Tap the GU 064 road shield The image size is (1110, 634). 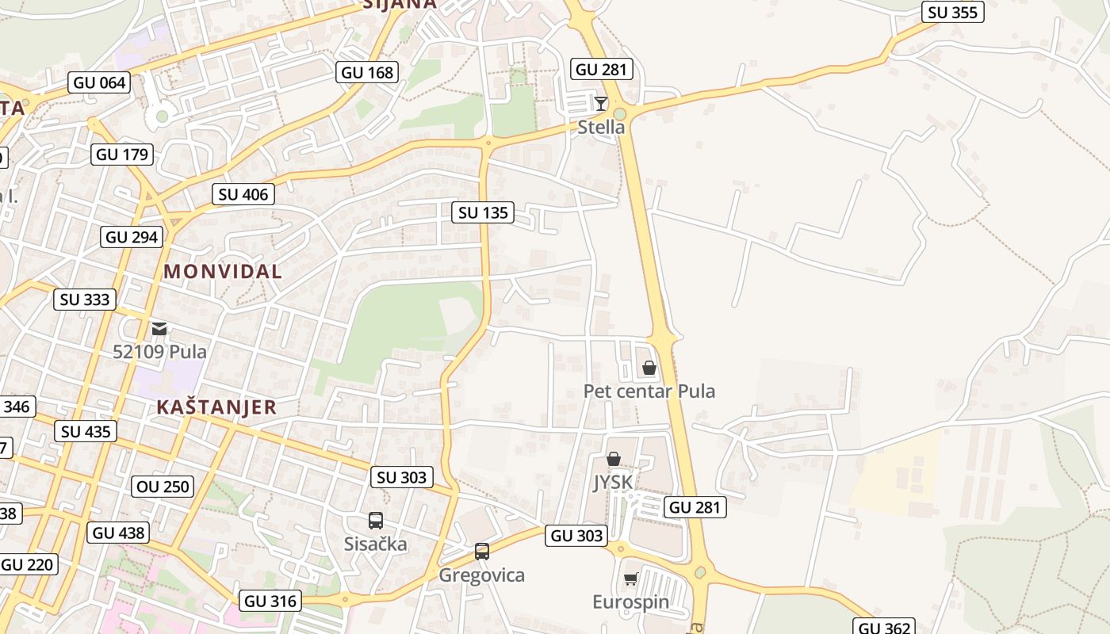(x=100, y=82)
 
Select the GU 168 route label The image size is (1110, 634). (x=367, y=73)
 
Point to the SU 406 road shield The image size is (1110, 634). (x=243, y=194)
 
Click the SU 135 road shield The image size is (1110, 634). (x=483, y=212)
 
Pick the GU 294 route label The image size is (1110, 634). (x=132, y=237)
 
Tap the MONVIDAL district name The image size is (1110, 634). (x=223, y=271)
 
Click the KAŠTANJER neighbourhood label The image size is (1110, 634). (x=216, y=407)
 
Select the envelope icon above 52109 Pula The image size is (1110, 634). (x=159, y=328)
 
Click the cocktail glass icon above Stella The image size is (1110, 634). (x=601, y=103)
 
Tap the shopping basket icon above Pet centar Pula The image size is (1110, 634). (x=649, y=368)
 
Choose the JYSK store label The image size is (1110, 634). (x=613, y=483)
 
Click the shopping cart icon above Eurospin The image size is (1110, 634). (x=631, y=579)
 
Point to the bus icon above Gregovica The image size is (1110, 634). (x=481, y=552)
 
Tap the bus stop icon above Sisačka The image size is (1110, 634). (x=376, y=521)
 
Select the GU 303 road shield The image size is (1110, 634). (x=577, y=536)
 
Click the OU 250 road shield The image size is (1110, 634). (x=164, y=486)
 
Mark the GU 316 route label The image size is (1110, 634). (x=271, y=601)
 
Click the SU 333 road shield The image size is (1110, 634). (x=86, y=300)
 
